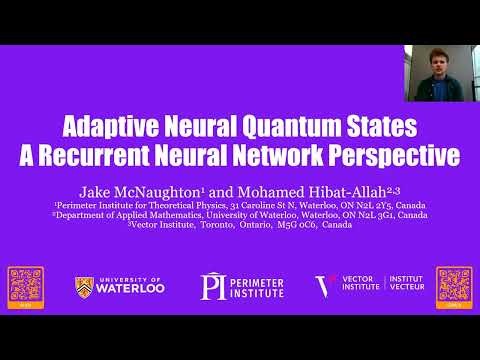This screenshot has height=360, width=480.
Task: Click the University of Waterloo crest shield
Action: [x=85, y=288]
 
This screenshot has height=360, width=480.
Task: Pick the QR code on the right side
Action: [x=454, y=286]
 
